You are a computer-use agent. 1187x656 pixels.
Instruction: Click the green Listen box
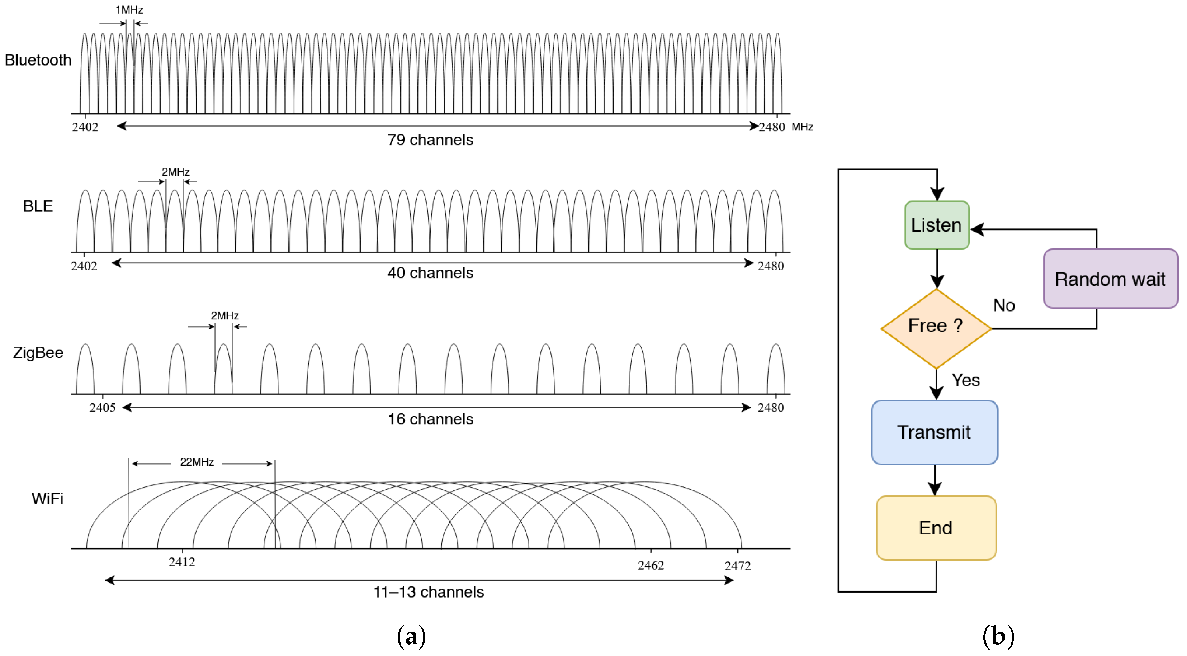[936, 225]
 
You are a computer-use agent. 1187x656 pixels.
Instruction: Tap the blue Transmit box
[934, 432]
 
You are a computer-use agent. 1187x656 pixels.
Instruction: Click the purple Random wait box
[1110, 279]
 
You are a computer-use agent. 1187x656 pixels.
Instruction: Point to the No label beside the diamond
[1004, 305]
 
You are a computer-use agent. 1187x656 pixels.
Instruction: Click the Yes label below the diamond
[965, 380]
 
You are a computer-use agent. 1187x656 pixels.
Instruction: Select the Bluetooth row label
[38, 60]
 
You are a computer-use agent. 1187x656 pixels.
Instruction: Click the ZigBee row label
[38, 352]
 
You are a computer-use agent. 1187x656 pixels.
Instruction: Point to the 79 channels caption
[430, 139]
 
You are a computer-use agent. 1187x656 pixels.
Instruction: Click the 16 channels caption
[430, 419]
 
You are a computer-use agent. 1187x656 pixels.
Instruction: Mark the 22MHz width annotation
[197, 462]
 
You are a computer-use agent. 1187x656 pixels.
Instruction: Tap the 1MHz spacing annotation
[129, 10]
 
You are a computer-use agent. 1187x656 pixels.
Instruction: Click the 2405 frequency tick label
[102, 407]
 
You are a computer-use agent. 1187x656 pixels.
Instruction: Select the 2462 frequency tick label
[651, 565]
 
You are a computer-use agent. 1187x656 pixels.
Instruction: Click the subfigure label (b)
[998, 636]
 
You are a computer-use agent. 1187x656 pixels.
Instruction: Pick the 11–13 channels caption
[429, 591]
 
